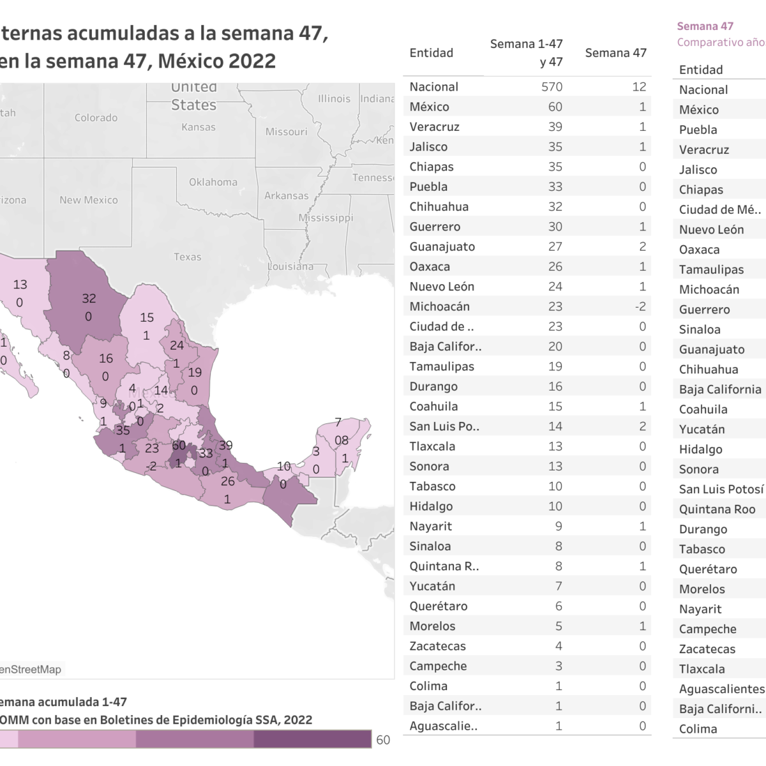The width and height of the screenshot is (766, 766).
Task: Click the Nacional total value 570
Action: point(552,87)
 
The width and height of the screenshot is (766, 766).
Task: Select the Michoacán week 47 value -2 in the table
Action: point(640,306)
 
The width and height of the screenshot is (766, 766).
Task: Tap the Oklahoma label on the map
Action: point(213,182)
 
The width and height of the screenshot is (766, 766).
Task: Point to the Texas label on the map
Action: point(187,257)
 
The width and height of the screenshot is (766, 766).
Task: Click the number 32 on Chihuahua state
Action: point(89,298)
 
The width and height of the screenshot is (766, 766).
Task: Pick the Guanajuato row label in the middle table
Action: point(442,246)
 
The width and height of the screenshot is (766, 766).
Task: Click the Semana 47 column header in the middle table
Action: point(615,53)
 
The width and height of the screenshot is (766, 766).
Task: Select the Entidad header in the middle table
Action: point(431,53)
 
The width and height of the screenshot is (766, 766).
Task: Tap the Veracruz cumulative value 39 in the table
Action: point(555,126)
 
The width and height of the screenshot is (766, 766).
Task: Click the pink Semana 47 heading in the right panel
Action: point(705,26)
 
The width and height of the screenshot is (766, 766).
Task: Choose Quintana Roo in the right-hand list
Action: point(717,509)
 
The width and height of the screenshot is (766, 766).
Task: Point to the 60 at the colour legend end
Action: point(383,740)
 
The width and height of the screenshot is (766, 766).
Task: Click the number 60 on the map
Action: point(179,445)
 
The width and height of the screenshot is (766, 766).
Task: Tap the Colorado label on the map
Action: point(96,117)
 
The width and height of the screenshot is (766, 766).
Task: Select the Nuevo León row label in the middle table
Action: point(442,287)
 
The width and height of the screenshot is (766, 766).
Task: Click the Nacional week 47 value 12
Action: point(639,87)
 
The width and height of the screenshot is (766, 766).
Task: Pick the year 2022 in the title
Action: point(252,61)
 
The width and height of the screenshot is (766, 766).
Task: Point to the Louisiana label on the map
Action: point(290,266)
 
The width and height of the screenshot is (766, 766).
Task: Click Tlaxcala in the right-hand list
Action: point(702,669)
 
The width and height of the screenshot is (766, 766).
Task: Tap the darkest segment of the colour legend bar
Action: point(312,739)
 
